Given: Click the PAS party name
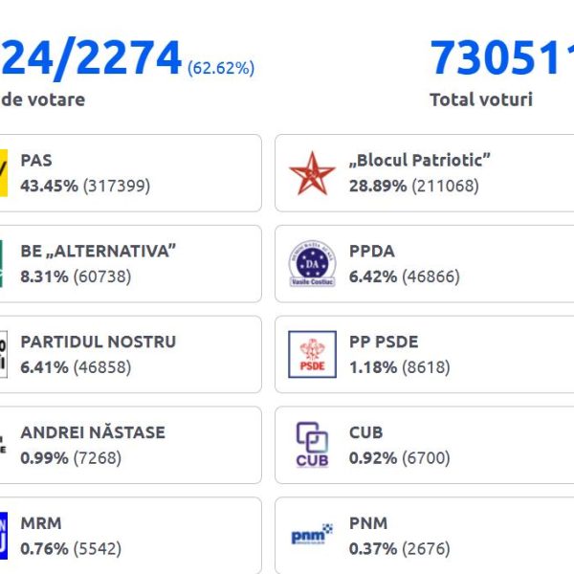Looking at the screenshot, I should pyautogui.click(x=36, y=161).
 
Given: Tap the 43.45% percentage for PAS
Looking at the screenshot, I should pyautogui.click(x=50, y=186).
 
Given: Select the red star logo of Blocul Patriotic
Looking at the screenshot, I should pyautogui.click(x=312, y=173).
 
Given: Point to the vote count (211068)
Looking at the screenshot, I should pyautogui.click(x=445, y=186).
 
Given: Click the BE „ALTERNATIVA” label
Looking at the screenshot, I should pyautogui.click(x=99, y=252).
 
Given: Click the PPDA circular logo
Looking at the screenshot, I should pyautogui.click(x=312, y=263).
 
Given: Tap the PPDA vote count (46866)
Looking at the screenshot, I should pyautogui.click(x=436, y=276).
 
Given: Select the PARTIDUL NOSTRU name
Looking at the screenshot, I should pyautogui.click(x=99, y=342).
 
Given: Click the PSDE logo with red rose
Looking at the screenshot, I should pyautogui.click(x=312, y=354).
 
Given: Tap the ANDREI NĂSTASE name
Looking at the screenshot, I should pyautogui.click(x=93, y=432).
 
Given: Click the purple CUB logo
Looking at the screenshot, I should pyautogui.click(x=312, y=444).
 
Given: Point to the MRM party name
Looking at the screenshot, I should pyautogui.click(x=40, y=523).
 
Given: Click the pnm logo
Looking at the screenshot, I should pyautogui.click(x=312, y=534).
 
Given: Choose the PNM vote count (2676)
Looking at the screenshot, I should pyautogui.click(x=431, y=548).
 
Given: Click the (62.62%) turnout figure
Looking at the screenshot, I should pyautogui.click(x=221, y=68).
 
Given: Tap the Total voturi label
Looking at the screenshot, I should pyautogui.click(x=480, y=99).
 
